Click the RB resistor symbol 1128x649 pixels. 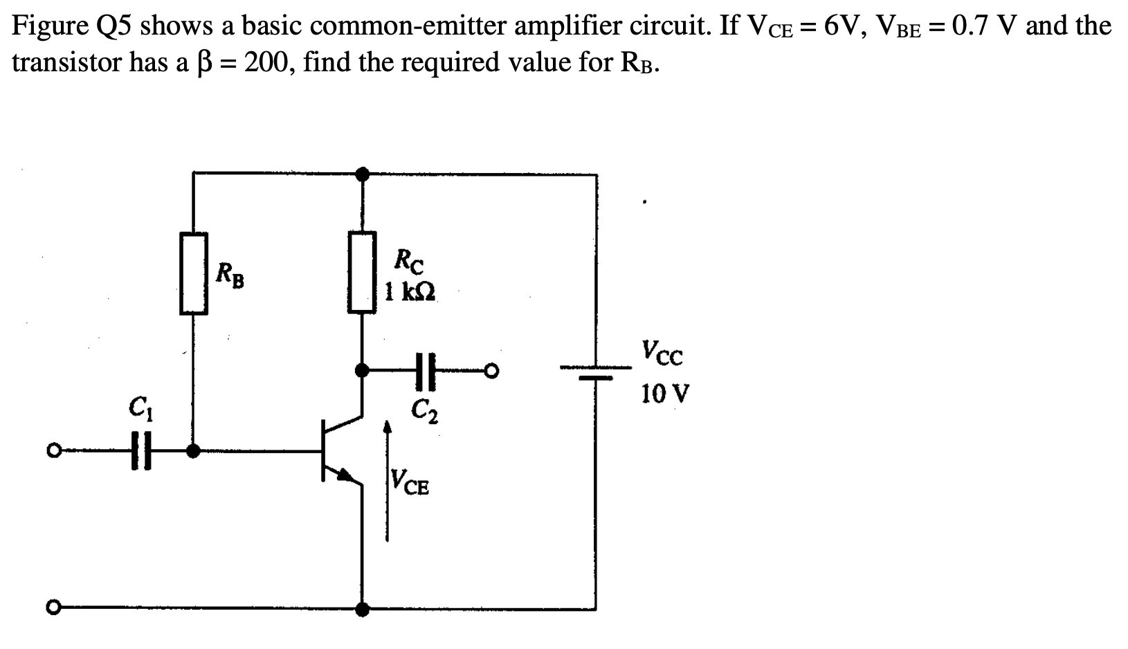point(194,274)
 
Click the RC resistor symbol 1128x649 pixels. point(362,273)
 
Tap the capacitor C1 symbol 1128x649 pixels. point(141,452)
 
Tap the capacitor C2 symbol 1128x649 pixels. point(425,372)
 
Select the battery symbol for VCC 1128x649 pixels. point(596,373)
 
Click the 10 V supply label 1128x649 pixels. point(664,394)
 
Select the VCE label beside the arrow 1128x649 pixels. point(410,483)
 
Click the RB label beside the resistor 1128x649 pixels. point(230,275)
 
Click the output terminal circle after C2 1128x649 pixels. point(491,372)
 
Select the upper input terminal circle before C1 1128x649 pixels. point(52,452)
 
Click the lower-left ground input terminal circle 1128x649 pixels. point(52,608)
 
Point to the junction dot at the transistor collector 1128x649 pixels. point(362,372)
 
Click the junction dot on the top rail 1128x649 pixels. point(362,173)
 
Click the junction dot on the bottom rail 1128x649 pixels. point(362,610)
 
